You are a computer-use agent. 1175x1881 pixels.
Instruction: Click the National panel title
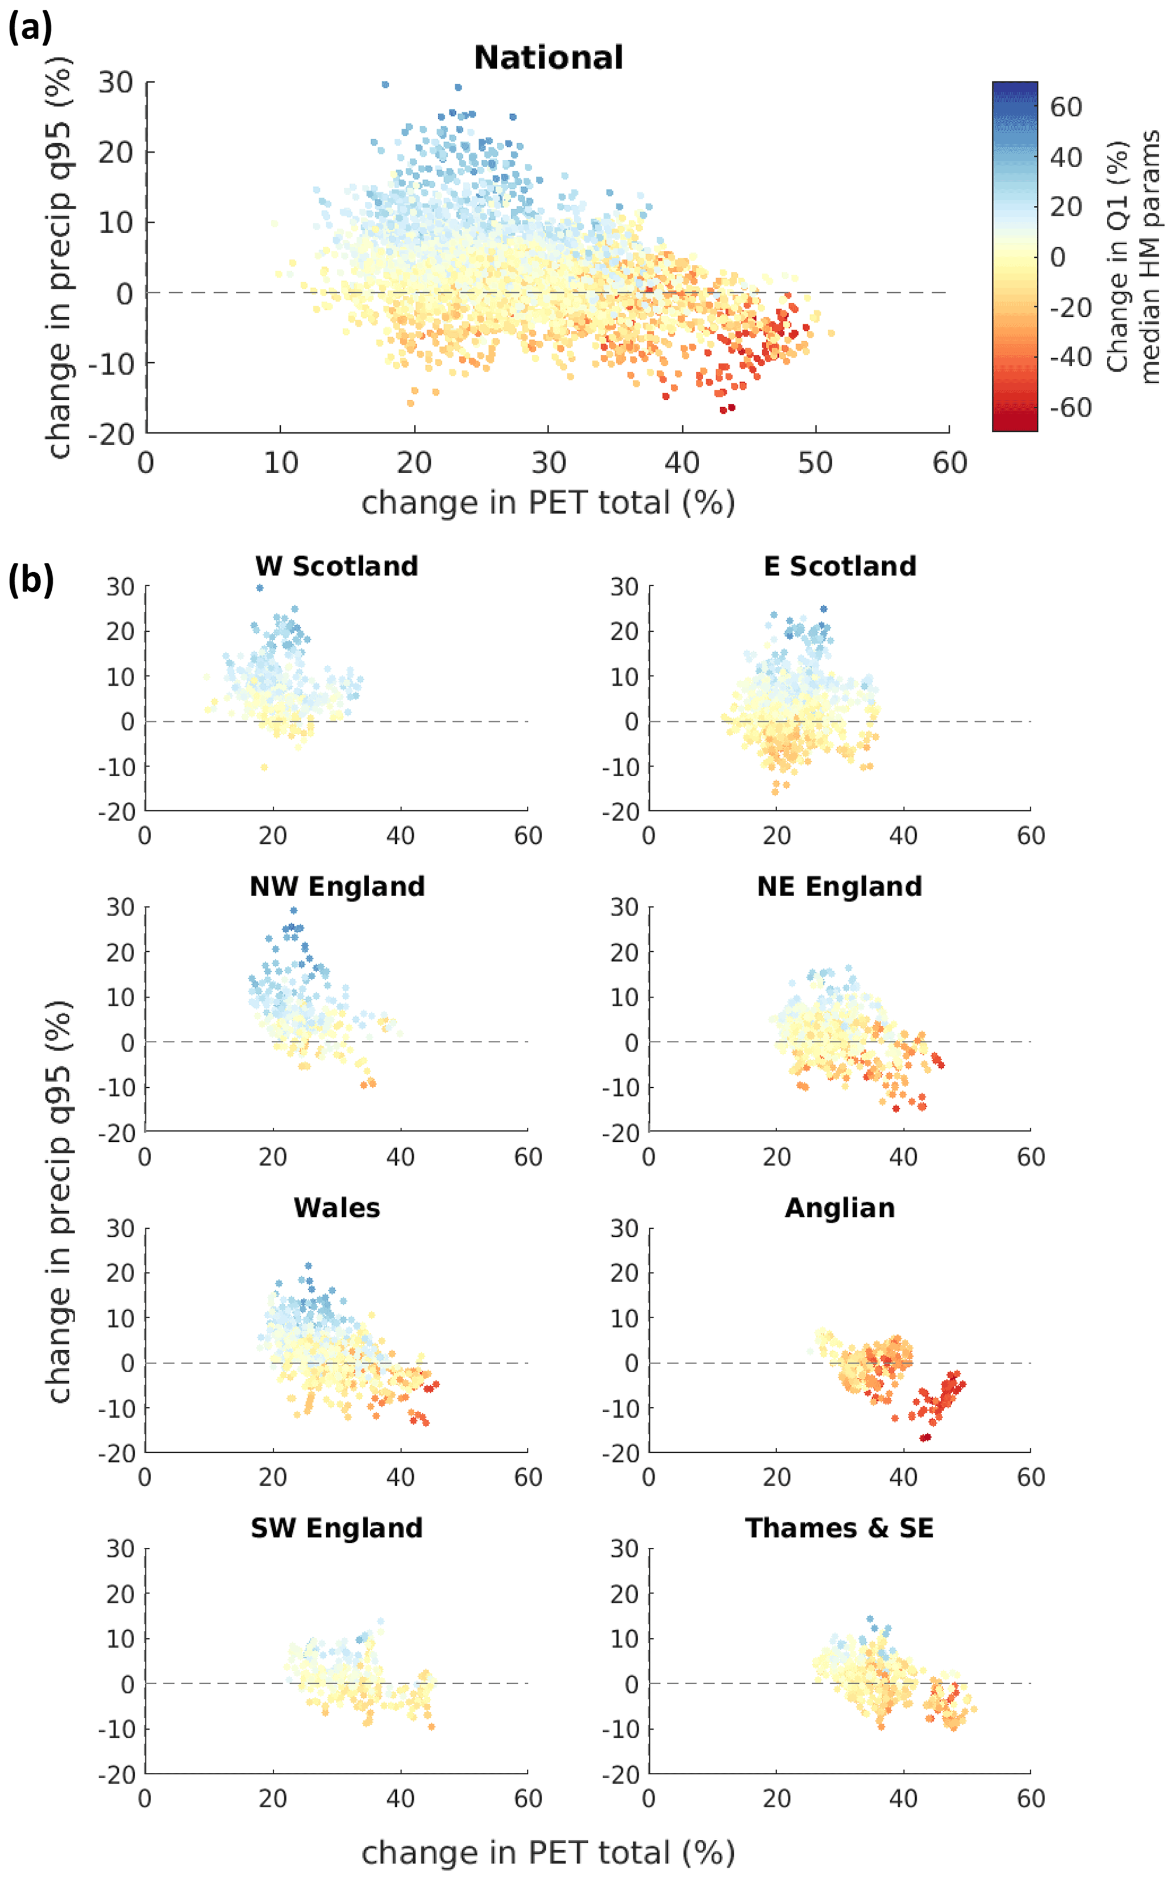click(x=548, y=57)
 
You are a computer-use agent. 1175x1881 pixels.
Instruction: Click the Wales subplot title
click(x=337, y=1207)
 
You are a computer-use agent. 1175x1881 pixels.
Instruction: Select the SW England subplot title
click(x=337, y=1527)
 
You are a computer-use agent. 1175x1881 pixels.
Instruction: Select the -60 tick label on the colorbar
click(x=1070, y=407)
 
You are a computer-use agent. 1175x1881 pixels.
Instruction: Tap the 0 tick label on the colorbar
click(x=1058, y=257)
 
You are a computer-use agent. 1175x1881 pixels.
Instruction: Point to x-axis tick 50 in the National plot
click(x=815, y=463)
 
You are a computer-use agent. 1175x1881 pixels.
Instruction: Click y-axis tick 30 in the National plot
click(x=115, y=82)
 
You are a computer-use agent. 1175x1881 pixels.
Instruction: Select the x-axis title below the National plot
click(x=548, y=503)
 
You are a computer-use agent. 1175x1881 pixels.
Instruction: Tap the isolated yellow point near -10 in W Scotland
click(x=264, y=767)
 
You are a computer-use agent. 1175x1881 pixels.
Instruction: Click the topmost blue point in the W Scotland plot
click(x=260, y=587)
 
